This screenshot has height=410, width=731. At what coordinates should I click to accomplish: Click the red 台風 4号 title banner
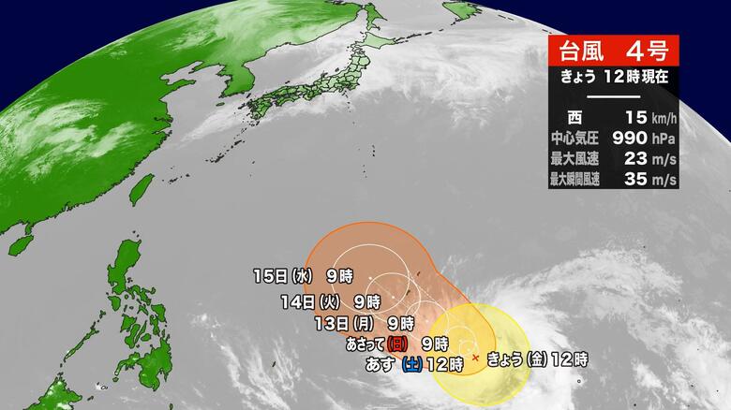611,51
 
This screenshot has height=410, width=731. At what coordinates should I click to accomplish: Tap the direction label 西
574,118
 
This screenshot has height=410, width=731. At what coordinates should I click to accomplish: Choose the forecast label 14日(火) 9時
330,301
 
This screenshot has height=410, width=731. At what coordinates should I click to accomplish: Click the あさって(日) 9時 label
394,344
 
